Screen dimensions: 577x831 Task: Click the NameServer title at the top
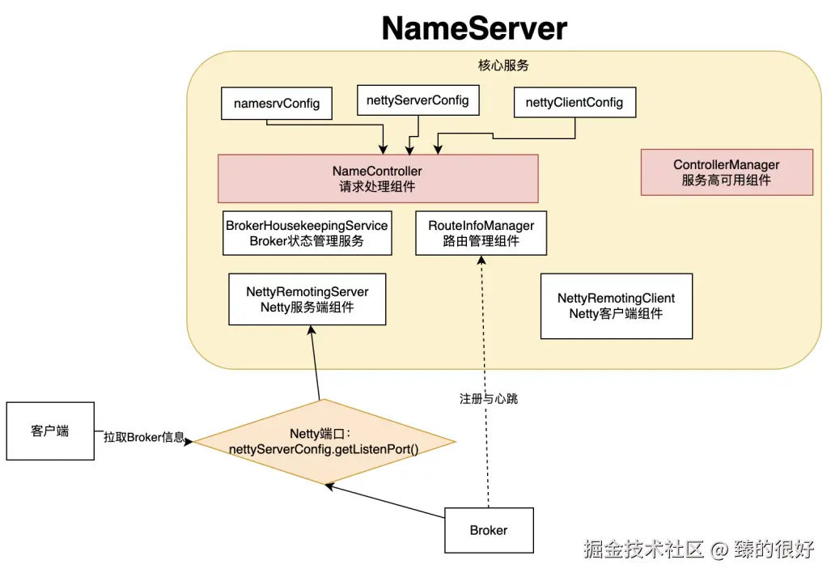474,28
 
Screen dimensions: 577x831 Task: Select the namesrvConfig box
277,104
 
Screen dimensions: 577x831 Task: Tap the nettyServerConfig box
417,101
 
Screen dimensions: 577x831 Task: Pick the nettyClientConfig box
574,103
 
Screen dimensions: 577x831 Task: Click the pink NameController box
377,179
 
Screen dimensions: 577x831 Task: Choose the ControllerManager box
726,172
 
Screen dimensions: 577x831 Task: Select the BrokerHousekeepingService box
307,233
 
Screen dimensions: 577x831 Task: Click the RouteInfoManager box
481,233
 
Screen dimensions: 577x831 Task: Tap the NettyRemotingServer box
307,299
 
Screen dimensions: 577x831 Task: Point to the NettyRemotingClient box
616,306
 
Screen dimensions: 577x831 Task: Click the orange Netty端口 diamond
323,442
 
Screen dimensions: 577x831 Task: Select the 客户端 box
50,431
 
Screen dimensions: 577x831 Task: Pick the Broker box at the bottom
489,531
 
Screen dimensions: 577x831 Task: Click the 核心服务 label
503,66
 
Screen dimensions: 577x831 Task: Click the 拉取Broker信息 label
143,437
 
